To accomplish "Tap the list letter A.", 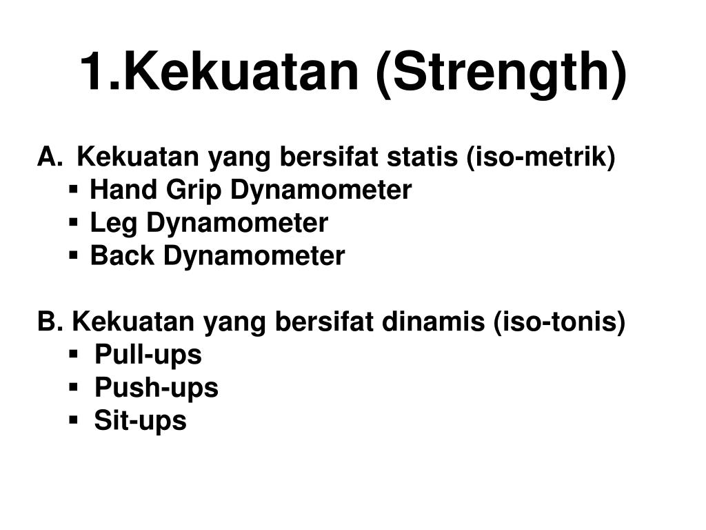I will coord(48,157).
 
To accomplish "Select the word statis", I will coord(422,157).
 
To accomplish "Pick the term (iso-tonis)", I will coord(560,322).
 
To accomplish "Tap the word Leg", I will coord(114,224).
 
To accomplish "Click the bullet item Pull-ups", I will coord(148,355).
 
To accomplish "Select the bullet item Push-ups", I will coord(157,388).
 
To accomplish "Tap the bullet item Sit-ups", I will coord(141,421).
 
